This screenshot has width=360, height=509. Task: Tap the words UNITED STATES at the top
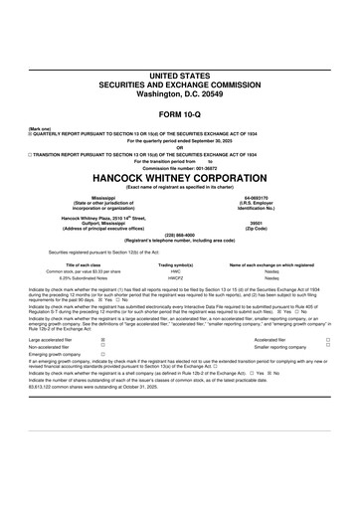pos(180,76)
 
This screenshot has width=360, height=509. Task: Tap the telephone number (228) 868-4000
pos(180,235)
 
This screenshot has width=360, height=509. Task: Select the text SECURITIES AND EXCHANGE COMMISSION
pos(180,85)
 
